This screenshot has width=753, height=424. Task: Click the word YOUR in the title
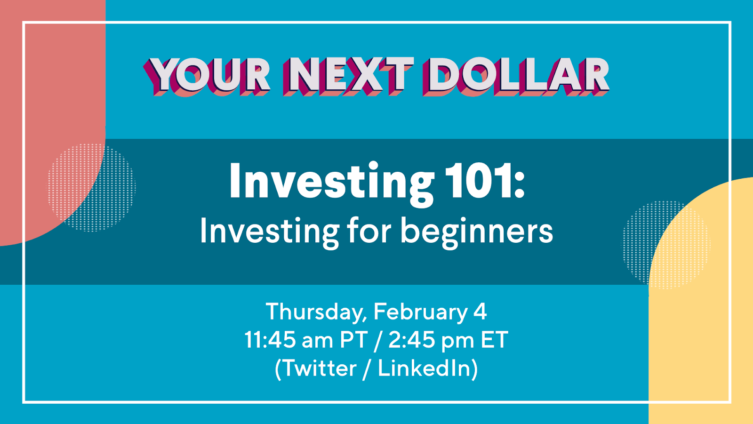pos(207,76)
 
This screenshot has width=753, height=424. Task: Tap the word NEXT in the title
pos(348,76)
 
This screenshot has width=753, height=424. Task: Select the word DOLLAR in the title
pos(516,76)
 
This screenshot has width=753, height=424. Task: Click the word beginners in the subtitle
pos(476,232)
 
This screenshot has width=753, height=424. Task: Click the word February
pos(421,312)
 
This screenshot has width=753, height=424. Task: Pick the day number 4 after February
pos(481,312)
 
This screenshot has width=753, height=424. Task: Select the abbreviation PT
pos(353,340)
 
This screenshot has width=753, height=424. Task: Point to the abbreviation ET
pos(495,340)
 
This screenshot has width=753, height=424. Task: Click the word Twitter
pos(318,368)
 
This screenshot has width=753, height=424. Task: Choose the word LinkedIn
pos(424,368)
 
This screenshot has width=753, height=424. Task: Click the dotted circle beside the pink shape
pos(91,188)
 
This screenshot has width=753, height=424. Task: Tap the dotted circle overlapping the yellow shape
pos(665,245)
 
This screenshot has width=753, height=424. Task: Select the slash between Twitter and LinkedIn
pos(367,369)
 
